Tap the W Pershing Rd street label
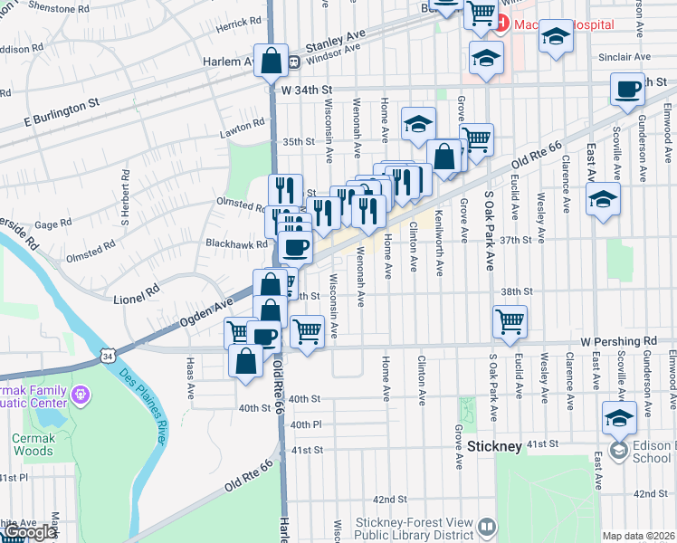tap(618, 341)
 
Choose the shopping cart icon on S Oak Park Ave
tap(510, 319)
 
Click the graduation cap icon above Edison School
tap(619, 416)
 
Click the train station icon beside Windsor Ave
tap(294, 62)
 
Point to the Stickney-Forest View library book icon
tap(488, 526)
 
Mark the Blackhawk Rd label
tap(236, 244)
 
